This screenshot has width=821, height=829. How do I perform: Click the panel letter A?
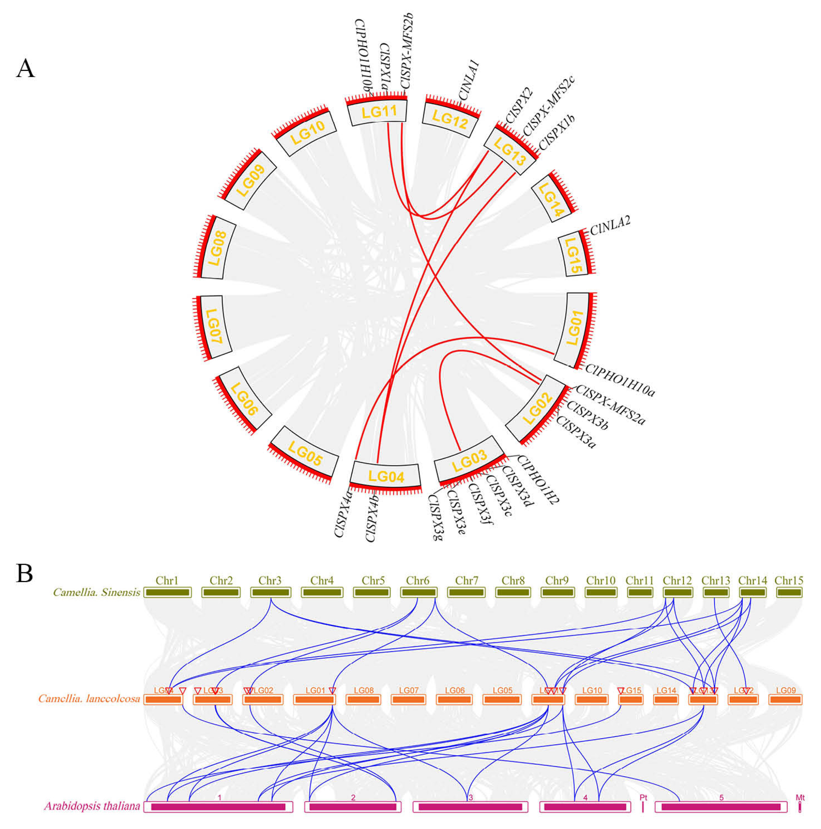tap(25, 69)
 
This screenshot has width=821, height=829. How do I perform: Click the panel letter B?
tap(24, 573)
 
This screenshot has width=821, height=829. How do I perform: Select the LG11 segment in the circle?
tap(378, 112)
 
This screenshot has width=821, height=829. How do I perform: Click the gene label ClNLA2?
tap(610, 226)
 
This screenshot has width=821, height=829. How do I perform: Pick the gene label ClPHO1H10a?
tap(620, 380)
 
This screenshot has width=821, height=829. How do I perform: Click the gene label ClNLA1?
tap(469, 80)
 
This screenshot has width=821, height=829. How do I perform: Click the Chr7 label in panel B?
tap(466, 581)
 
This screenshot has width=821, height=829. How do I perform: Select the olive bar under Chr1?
tap(167, 593)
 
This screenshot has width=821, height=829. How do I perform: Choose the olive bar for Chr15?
tap(789, 593)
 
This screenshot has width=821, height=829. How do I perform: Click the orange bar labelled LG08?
tap(363, 700)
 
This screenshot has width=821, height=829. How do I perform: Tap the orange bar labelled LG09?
tap(785, 700)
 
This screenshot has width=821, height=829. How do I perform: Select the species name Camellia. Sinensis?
tap(96, 593)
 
